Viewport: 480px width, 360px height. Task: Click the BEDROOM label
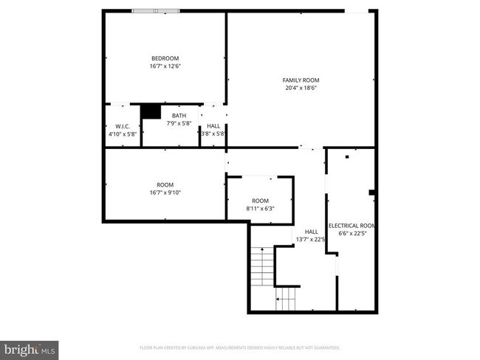coord(165,58)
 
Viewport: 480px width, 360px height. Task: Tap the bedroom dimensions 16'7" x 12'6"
coord(165,66)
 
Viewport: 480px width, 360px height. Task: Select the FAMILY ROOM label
coord(301,80)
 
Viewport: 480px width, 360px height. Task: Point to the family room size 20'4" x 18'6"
coord(301,88)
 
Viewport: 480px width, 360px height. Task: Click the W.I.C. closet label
coord(123,126)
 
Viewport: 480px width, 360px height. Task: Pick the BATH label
coord(179,115)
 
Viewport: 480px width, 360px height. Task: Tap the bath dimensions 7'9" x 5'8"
coord(179,123)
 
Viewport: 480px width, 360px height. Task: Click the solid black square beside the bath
coord(151,111)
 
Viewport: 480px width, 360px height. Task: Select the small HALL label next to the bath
coord(213,126)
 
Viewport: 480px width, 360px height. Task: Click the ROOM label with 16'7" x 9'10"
coord(165,184)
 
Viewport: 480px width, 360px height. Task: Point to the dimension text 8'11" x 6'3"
coord(260,209)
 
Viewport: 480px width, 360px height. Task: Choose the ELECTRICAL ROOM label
coord(352,226)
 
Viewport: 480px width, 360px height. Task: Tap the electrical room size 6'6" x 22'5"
coord(352,234)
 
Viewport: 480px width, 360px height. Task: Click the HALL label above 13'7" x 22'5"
coord(312,231)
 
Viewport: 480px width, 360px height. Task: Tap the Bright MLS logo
coord(30,347)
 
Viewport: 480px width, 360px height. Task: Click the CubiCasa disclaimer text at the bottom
coord(239,347)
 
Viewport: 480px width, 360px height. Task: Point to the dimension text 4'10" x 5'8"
coord(123,134)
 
